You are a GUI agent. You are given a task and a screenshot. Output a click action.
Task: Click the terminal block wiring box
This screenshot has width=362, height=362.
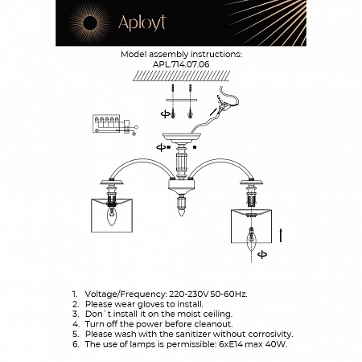coord(108,123)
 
